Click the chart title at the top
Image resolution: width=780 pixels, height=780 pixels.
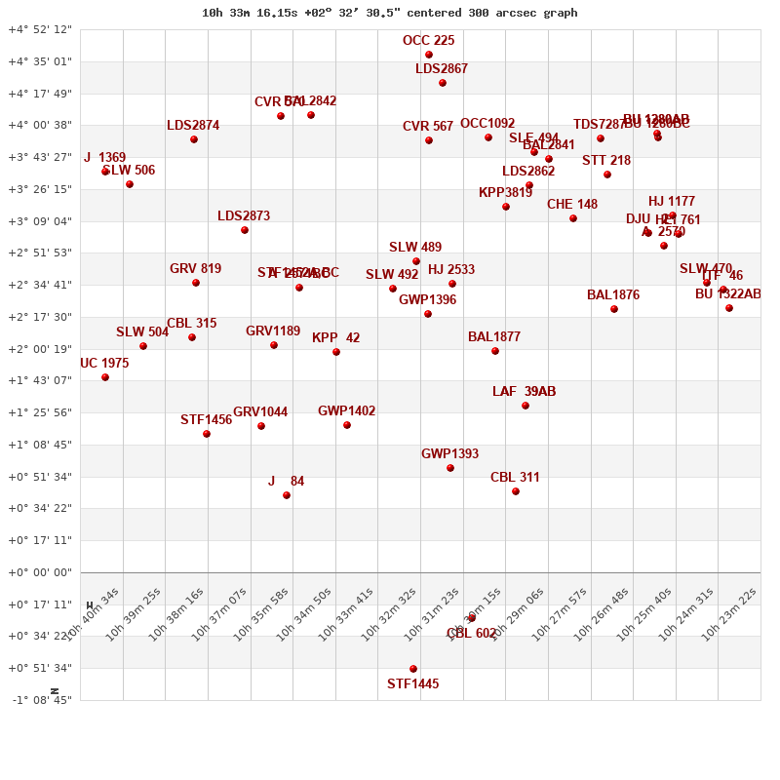tap(389, 13)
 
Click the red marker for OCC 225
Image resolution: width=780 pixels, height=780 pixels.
tap(429, 55)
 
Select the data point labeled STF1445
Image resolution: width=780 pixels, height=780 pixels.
tap(413, 669)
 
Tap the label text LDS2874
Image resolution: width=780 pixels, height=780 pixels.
tap(193, 126)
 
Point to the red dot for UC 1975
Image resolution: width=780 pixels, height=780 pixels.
tap(105, 377)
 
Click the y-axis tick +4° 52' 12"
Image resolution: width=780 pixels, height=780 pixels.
tap(40, 29)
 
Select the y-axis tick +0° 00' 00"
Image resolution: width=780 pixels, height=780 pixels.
tap(40, 572)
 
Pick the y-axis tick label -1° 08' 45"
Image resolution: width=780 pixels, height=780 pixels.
tap(40, 700)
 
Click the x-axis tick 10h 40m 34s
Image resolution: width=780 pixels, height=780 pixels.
tap(93, 612)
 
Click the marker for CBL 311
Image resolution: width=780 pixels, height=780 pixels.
tap(516, 491)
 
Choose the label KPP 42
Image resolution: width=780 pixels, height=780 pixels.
tap(336, 338)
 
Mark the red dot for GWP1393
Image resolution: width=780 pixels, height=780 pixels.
tap(450, 468)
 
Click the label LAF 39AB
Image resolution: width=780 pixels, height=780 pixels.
tap(524, 392)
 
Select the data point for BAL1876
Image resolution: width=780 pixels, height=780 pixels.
tap(614, 309)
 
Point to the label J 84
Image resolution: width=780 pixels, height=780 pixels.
tap(286, 482)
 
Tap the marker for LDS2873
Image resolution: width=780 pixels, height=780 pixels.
tap(245, 230)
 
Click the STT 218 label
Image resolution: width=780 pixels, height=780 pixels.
tap(606, 161)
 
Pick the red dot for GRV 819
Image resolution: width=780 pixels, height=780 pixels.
tap(196, 283)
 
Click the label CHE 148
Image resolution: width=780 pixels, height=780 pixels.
tap(572, 205)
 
